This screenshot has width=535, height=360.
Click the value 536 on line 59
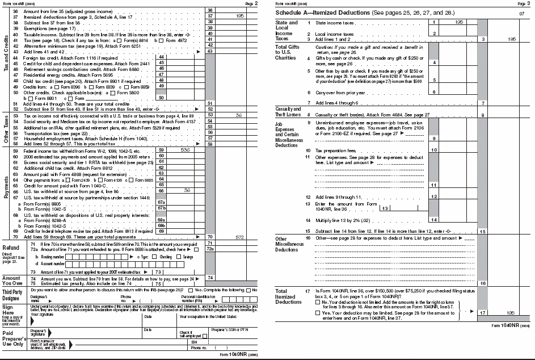pos(185,150)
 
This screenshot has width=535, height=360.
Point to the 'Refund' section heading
pos(11,248)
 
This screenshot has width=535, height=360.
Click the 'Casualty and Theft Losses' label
pos(288,112)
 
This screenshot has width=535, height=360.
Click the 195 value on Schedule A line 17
pos(512,313)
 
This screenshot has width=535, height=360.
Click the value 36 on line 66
pos(187,191)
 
